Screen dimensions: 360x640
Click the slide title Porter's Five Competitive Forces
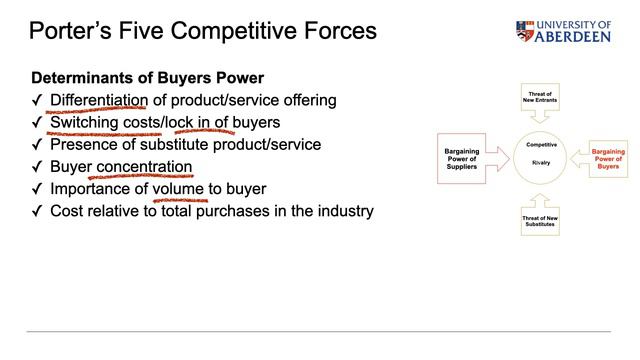203,31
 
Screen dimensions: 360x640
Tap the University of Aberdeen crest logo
526,31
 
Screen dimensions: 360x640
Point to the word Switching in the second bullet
88,122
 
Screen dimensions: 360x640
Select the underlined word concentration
144,166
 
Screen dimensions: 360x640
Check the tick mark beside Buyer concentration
37,166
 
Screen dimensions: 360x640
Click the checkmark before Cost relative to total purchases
37,210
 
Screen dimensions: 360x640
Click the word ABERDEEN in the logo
575,36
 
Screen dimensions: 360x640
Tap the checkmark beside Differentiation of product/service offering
37,100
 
